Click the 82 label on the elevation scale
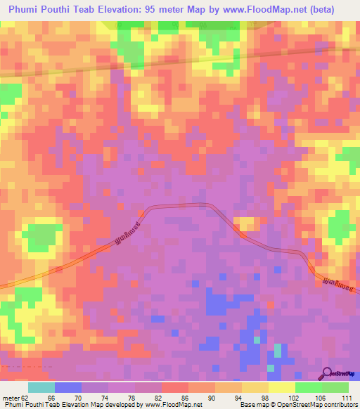point(159,398)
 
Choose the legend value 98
point(266,398)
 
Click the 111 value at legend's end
point(346,398)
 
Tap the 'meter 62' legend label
point(15,398)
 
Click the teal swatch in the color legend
point(41,387)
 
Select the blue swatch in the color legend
point(67,387)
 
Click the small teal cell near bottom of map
point(277,350)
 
